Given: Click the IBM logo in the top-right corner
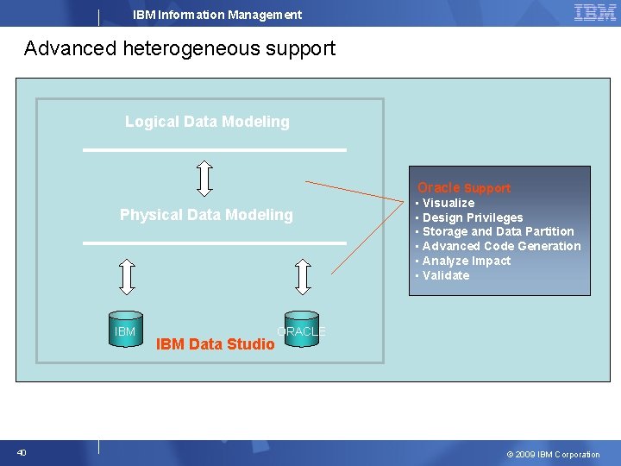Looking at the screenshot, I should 594,12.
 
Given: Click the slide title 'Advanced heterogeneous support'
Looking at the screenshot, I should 179,48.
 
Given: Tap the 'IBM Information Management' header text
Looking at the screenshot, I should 217,15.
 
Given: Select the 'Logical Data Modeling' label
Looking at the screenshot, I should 207,122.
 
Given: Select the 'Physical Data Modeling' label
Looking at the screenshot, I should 206,215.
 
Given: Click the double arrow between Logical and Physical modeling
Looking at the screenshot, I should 204,176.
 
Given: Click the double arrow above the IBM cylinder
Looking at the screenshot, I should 127,276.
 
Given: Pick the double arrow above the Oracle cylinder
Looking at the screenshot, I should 303,276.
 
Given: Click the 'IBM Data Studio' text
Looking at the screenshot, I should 215,345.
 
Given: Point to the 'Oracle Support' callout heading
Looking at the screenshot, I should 464,187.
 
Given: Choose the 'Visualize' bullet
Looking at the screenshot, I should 448,203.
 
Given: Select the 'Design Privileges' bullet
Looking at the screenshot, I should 472,217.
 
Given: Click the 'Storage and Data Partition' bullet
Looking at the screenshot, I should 498,231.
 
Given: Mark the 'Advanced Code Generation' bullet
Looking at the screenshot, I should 501,246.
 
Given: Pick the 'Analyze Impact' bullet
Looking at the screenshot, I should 466,261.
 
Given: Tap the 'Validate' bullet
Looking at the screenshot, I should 446,275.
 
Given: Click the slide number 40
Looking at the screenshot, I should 22,453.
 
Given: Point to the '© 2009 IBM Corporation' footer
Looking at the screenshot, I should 553,454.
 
